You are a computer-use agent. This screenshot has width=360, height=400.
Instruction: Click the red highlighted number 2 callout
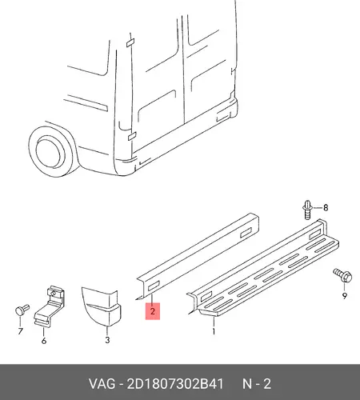[153, 311]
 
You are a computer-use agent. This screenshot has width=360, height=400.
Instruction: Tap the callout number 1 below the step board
[214, 331]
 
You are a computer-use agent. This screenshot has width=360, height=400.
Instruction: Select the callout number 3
[107, 340]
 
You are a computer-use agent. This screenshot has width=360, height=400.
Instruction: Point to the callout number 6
[44, 341]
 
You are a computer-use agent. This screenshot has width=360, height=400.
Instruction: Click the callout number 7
[20, 331]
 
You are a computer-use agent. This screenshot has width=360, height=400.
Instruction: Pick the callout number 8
[326, 207]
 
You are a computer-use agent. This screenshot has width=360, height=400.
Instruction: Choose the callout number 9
[345, 296]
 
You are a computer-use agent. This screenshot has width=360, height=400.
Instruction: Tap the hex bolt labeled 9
[342, 276]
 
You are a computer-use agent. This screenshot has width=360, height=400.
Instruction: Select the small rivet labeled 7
[22, 310]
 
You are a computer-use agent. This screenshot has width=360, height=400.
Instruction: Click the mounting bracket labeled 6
[50, 306]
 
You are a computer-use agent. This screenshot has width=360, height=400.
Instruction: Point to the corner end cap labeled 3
[102, 306]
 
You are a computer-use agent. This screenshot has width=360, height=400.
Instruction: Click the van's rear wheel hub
[50, 152]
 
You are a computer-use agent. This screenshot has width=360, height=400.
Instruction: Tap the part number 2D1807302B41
[175, 384]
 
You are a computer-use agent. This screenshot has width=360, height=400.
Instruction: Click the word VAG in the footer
[102, 384]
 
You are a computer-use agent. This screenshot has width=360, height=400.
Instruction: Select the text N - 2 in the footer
[257, 384]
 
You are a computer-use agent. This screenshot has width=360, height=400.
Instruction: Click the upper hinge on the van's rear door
[130, 42]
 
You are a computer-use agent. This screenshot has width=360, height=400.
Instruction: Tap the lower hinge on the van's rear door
[132, 136]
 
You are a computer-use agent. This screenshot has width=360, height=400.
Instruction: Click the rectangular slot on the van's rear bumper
[223, 117]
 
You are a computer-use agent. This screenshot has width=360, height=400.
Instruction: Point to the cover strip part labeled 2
[198, 256]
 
